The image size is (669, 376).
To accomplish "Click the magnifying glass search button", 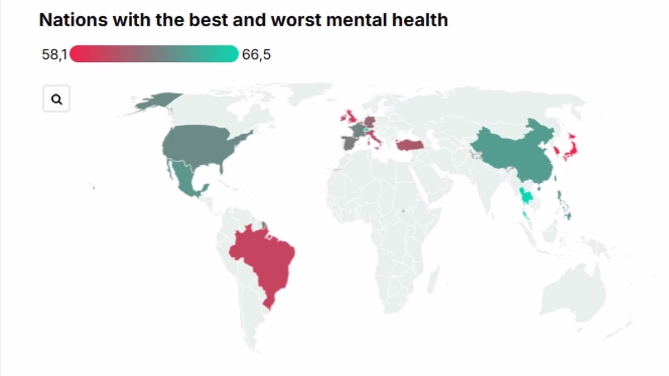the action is [x=56, y=99].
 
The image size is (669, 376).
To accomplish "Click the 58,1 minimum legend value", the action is [x=55, y=55].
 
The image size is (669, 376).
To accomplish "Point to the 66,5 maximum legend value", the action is [x=256, y=55].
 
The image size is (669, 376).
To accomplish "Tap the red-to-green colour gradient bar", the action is [x=154, y=53].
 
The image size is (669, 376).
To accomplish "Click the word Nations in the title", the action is [x=74, y=20].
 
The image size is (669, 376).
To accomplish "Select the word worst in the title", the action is [x=296, y=20].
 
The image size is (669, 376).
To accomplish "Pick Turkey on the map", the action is [x=410, y=145].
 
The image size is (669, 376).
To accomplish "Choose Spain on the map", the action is [x=350, y=143].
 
